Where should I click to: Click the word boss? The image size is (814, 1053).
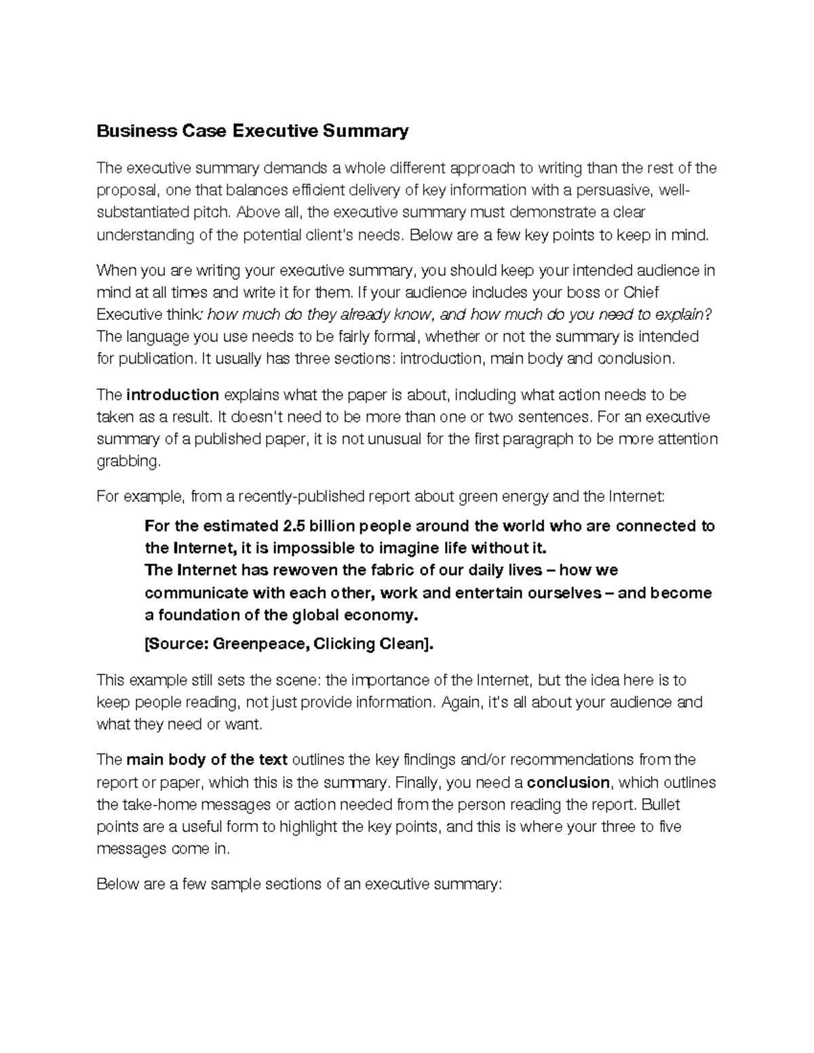573,293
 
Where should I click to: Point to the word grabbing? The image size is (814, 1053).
129,462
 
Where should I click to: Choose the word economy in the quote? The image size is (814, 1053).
381,616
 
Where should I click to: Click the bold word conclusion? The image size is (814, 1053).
568,783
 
